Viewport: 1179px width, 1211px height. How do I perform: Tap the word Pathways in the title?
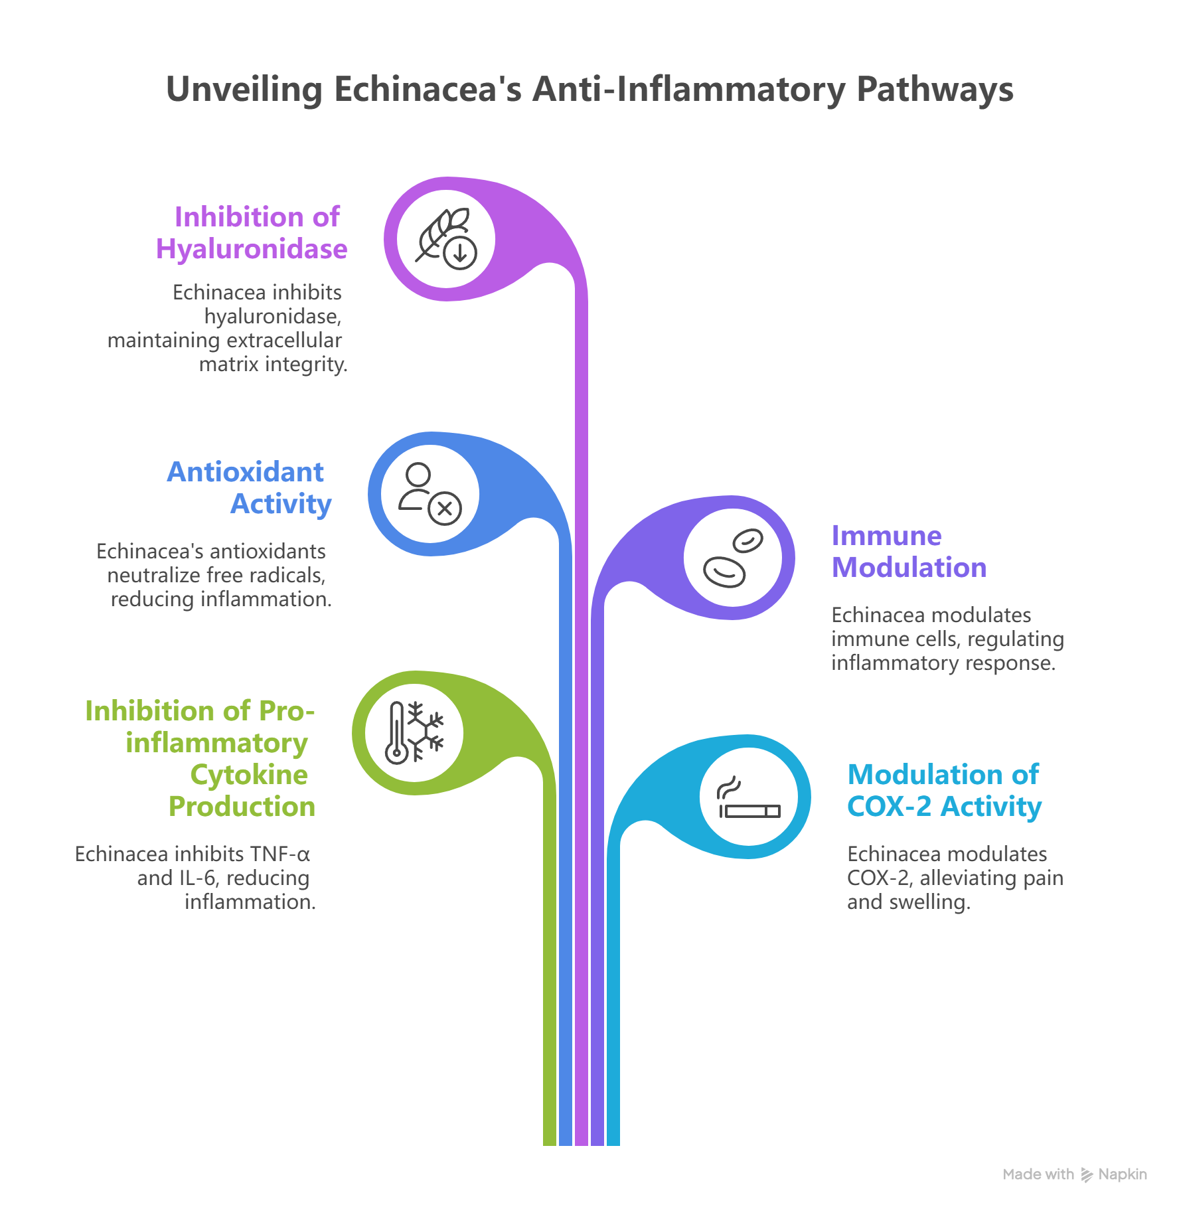pyautogui.click(x=934, y=90)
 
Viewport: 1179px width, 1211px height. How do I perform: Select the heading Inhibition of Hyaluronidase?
pyautogui.click(x=252, y=233)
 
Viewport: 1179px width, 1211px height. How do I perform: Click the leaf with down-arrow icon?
pyautogui.click(x=446, y=238)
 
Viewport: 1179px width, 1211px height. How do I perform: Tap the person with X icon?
pyautogui.click(x=430, y=493)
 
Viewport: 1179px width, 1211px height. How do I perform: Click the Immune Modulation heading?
pyautogui.click(x=909, y=552)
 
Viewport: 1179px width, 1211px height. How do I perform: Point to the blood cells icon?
pyautogui.click(x=733, y=558)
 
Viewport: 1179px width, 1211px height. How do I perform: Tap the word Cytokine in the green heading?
pyautogui.click(x=249, y=775)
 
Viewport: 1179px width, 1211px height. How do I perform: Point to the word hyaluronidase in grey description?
pyautogui.click(x=273, y=317)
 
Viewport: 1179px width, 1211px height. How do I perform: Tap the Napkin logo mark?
pyautogui.click(x=1087, y=1174)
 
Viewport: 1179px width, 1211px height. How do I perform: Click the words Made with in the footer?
pyautogui.click(x=1038, y=1174)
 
